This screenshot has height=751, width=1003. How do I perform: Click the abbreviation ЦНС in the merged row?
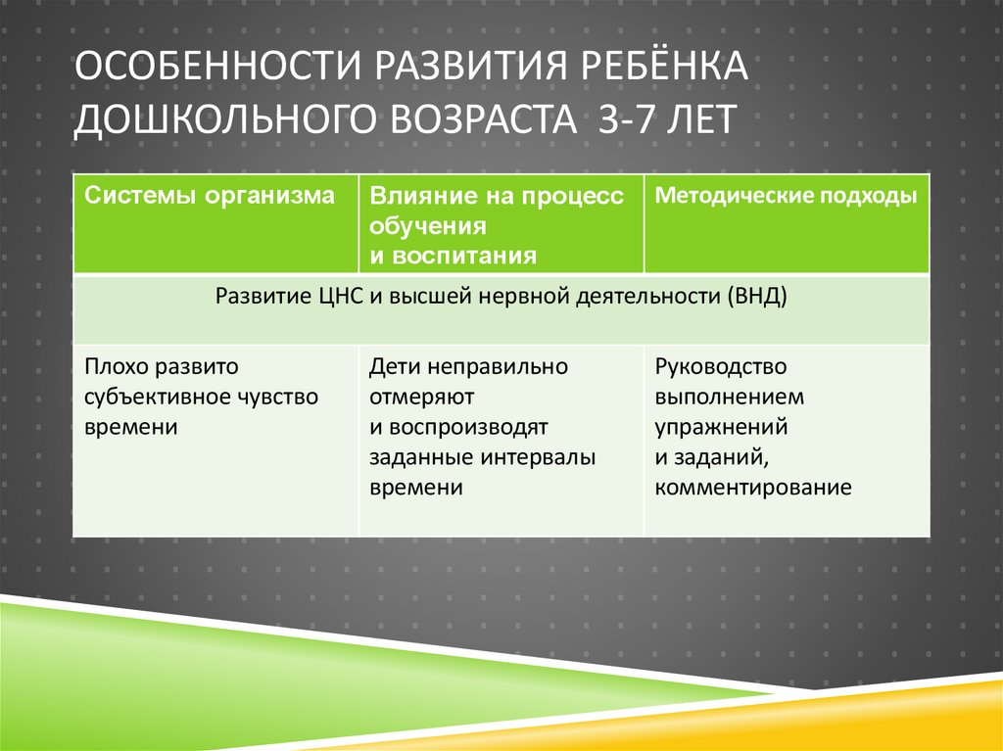342,297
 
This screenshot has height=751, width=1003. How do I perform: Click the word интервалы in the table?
539,457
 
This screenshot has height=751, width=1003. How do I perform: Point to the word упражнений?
722,427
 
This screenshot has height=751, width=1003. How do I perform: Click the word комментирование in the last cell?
753,488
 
